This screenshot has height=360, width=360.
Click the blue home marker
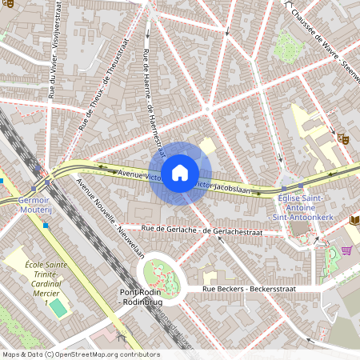point(180,173)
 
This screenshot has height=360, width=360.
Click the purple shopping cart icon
point(346,250)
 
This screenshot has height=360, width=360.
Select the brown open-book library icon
point(354,218)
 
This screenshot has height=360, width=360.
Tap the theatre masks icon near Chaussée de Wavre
point(342,138)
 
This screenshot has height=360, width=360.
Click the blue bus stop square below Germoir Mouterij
point(46,226)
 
